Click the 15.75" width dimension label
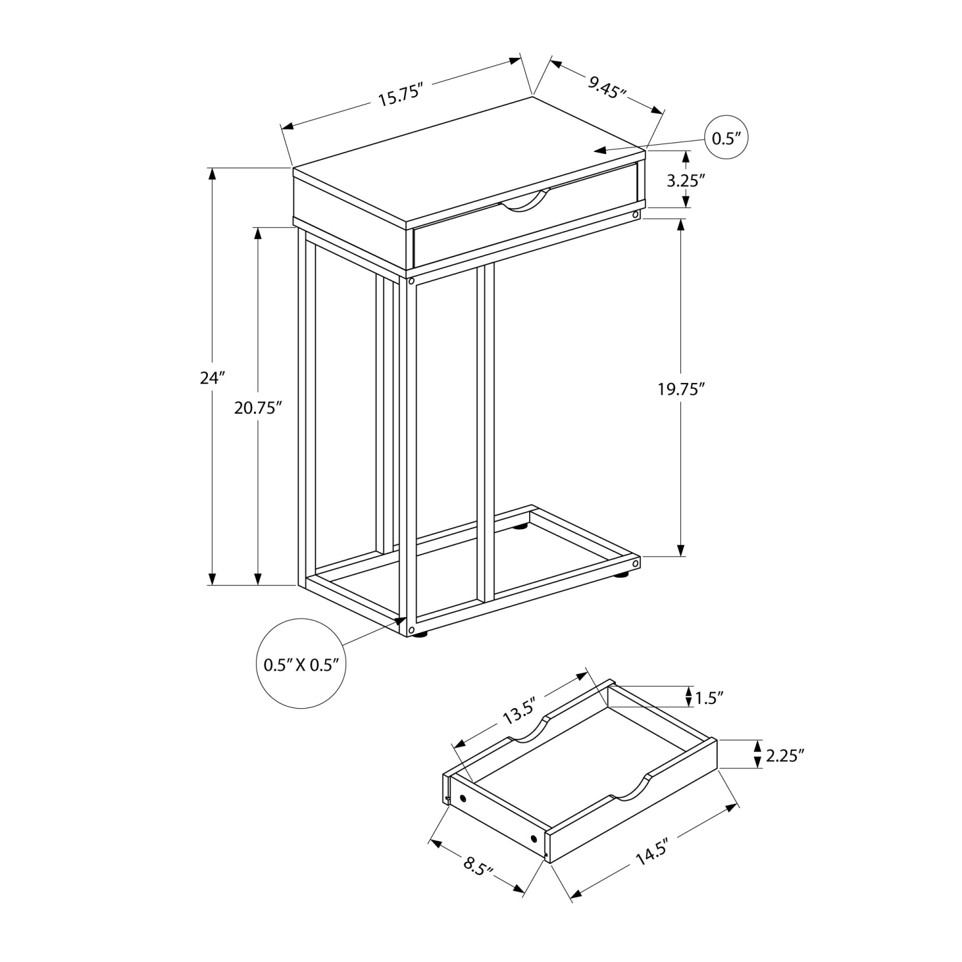[402, 95]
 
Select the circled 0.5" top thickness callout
[727, 139]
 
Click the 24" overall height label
[210, 377]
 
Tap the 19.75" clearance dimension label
[681, 389]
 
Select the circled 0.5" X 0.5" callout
[301, 664]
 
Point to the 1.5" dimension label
[709, 696]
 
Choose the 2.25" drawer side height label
[784, 756]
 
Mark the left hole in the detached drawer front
[462, 798]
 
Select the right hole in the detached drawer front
[534, 839]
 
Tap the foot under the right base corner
[623, 576]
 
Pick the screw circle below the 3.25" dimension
[635, 214]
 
